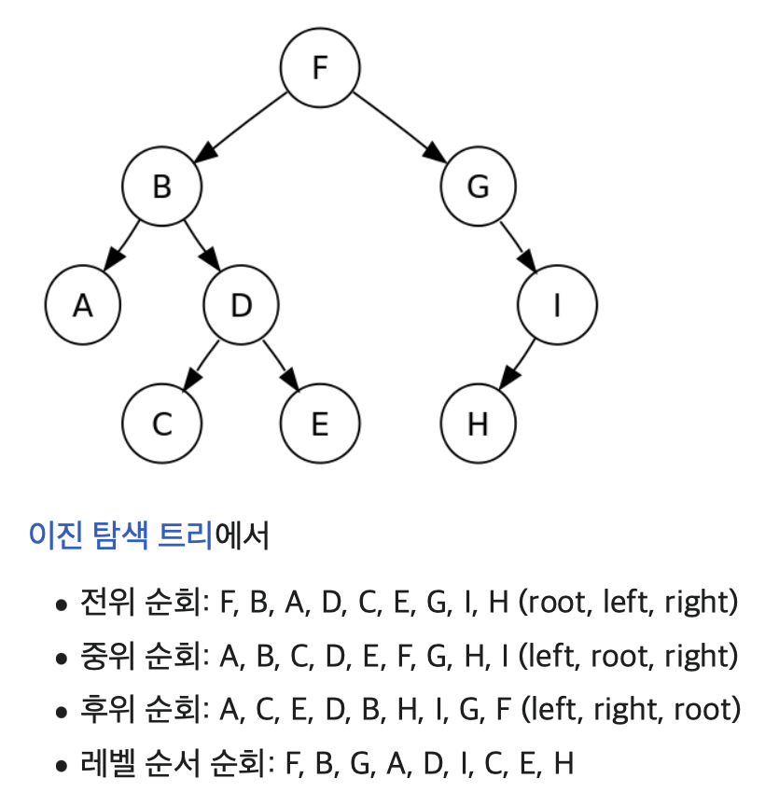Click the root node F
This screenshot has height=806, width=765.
click(x=320, y=68)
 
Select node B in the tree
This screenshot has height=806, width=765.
click(x=162, y=187)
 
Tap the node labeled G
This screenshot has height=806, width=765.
click(x=478, y=187)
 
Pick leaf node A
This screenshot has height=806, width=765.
click(x=83, y=305)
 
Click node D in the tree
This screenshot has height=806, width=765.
click(x=241, y=305)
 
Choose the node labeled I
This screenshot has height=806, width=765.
click(x=557, y=305)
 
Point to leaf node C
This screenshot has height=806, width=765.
click(x=162, y=424)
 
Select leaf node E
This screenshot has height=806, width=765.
click(x=320, y=424)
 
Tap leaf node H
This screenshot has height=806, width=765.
click(x=478, y=424)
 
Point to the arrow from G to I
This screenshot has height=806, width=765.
click(x=517, y=245)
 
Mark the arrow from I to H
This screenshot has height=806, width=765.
click(x=518, y=364)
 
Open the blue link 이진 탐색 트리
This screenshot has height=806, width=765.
click(x=121, y=536)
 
